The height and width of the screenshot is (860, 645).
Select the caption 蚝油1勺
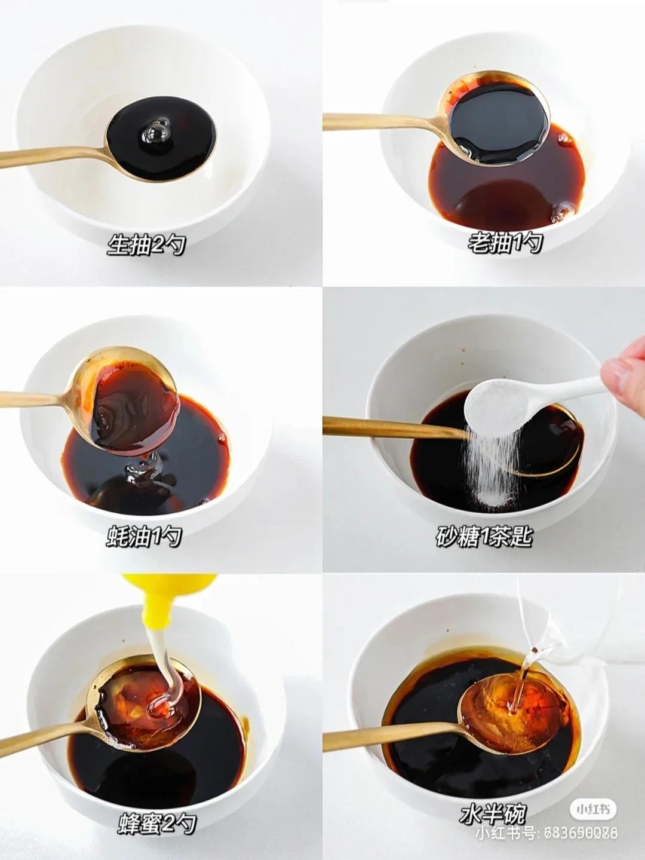144,537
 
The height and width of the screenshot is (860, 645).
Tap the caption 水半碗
493,813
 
